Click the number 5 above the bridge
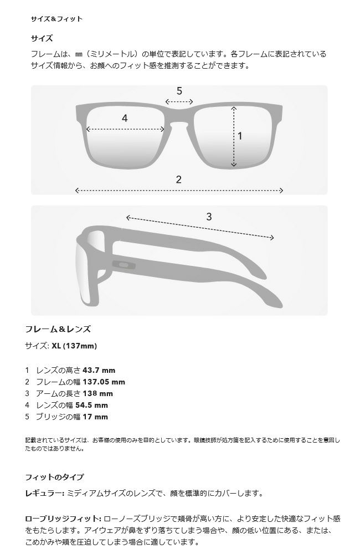179,91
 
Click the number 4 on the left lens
125,118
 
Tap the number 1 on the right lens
240,136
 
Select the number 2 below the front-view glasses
179,179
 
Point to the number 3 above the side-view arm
209,217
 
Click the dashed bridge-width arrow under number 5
179,102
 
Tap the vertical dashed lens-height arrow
234,136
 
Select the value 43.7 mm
99,370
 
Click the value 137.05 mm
104,382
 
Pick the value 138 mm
98,393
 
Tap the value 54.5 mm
92,406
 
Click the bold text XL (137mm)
74,346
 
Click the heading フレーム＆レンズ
58,329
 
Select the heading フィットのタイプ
54,478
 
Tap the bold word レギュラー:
44,493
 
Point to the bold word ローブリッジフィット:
63,519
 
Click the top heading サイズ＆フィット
56,19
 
